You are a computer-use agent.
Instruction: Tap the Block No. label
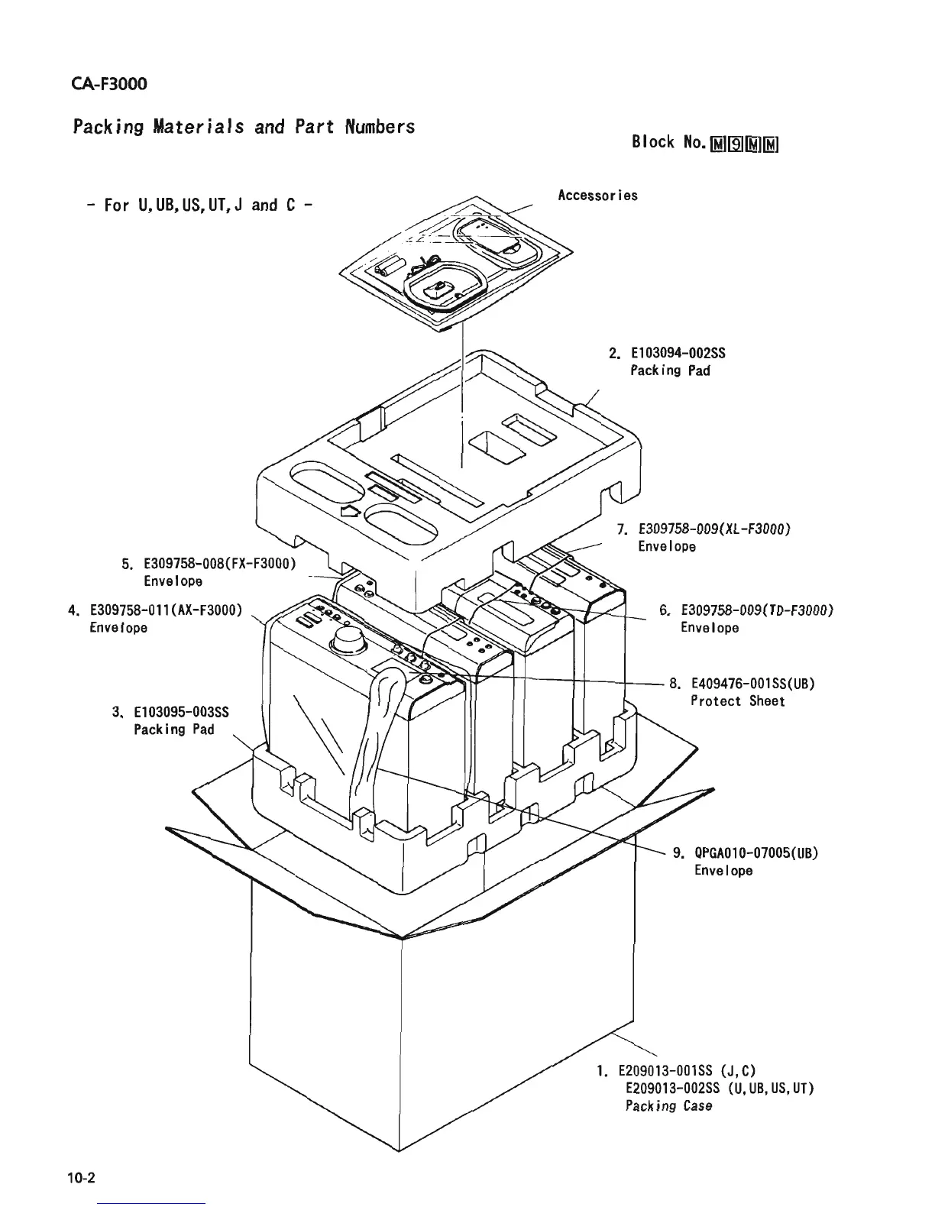[665, 142]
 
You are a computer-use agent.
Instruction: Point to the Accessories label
[597, 196]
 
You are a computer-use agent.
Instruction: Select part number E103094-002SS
[677, 353]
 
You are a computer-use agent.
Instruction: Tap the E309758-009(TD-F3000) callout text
[755, 610]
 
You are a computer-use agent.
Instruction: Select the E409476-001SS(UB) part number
[752, 684]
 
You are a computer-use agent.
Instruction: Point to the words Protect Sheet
[737, 701]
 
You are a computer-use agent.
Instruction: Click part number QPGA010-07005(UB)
[756, 853]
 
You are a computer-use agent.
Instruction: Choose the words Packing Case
[668, 1105]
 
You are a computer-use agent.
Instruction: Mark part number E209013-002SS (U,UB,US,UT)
[719, 1088]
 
